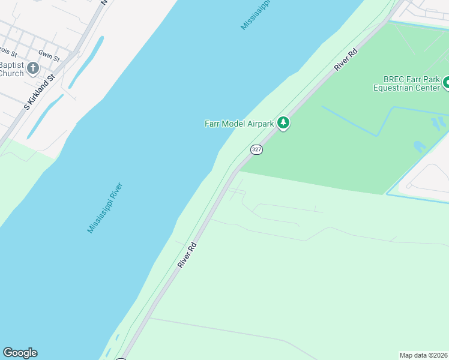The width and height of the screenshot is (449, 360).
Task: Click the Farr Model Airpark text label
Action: point(239,124)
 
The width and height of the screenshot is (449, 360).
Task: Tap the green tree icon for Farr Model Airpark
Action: point(283,124)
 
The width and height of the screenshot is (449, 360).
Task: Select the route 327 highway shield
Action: point(256,149)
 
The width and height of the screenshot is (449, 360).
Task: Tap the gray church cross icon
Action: point(33,68)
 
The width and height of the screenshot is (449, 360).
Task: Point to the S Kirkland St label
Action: point(40,92)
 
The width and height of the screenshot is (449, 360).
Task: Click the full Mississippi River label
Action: point(105,208)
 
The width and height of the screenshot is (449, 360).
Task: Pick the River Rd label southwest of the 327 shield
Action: point(187,255)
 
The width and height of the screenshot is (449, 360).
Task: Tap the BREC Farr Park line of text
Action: point(412,79)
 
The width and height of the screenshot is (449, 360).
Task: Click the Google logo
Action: point(20,353)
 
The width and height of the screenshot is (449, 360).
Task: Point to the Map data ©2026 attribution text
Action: point(424,355)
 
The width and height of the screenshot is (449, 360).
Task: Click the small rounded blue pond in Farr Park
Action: point(420,146)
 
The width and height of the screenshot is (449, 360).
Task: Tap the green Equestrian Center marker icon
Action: point(445,83)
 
